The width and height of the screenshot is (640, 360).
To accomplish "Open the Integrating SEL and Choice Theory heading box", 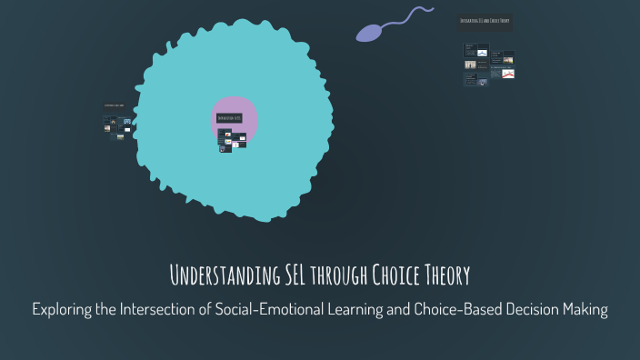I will click(485, 20).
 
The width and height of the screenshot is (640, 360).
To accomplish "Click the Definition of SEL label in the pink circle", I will click(228, 118).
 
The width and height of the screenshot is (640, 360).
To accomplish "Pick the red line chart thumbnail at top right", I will click(508, 74).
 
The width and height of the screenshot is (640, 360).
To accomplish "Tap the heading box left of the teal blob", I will click(114, 106).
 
